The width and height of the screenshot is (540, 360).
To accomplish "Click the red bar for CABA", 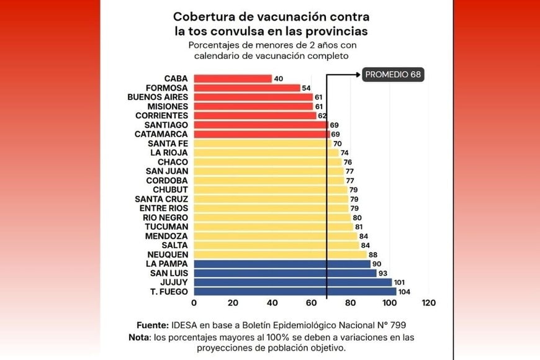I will pyautogui.click(x=233, y=78).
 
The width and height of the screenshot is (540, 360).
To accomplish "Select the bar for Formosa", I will pyautogui.click(x=246, y=88).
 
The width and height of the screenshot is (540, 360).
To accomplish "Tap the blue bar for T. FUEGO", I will pyautogui.click(x=295, y=291).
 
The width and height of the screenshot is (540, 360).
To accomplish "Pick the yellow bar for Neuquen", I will pyautogui.click(x=280, y=254).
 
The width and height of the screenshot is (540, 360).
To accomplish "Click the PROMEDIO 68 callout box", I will pyautogui.click(x=393, y=74).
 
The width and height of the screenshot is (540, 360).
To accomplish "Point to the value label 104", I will pyautogui.click(x=405, y=291).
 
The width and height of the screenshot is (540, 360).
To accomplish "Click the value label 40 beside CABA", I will pyautogui.click(x=278, y=78).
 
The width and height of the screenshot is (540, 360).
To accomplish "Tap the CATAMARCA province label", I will pyautogui.click(x=161, y=134).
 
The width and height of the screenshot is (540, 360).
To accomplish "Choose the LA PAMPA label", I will pyautogui.click(x=166, y=264).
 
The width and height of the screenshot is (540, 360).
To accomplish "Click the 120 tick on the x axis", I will pyautogui.click(x=428, y=303).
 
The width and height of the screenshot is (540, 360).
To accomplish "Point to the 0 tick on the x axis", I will pyautogui.click(x=194, y=303).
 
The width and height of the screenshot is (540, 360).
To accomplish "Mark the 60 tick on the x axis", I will pyautogui.click(x=311, y=303).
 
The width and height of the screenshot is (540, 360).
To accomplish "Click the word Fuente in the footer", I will pyautogui.click(x=153, y=325).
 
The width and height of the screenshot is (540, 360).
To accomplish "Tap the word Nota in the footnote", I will pyautogui.click(x=148, y=337).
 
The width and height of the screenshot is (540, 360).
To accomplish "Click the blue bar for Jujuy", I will pyautogui.click(x=292, y=282).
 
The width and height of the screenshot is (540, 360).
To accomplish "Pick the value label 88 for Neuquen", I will pyautogui.click(x=373, y=254).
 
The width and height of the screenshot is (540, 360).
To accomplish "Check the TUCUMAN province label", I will pyautogui.click(x=166, y=227).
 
